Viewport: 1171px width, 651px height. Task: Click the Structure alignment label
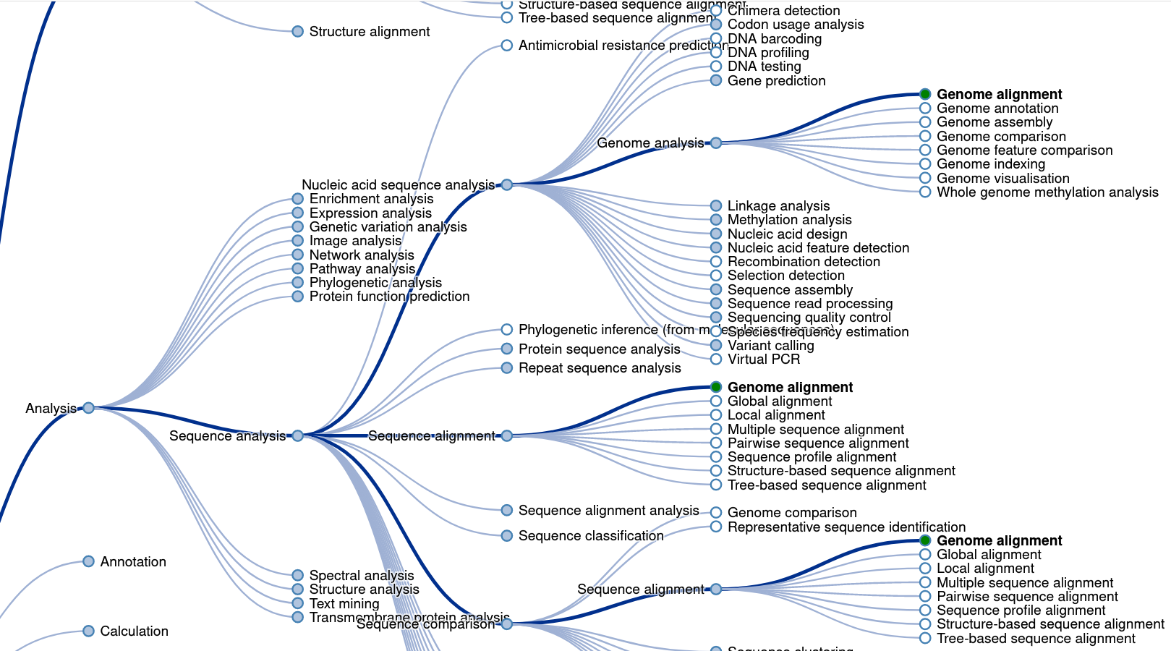tap(369, 32)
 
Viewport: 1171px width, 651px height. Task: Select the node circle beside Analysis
tap(88, 408)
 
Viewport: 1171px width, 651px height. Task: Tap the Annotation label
tap(133, 562)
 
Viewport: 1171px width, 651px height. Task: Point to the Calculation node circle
tap(88, 631)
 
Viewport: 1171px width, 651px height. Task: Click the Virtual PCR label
tap(764, 359)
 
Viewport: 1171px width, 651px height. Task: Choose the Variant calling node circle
tap(716, 346)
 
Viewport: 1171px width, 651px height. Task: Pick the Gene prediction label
tap(776, 81)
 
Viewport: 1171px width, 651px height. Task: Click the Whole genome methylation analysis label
tap(1047, 192)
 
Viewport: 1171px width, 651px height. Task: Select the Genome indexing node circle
tap(925, 164)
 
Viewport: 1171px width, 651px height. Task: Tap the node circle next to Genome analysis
tap(716, 143)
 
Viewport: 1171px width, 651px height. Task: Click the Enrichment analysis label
tap(371, 199)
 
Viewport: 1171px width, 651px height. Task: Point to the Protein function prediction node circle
tap(297, 297)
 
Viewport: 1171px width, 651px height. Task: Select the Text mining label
tap(344, 604)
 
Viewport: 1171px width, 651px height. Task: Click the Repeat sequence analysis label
tap(600, 368)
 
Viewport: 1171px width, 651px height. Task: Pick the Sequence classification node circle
tap(507, 536)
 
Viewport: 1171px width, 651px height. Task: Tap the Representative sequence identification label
tap(846, 527)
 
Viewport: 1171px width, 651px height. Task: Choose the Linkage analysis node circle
tap(716, 206)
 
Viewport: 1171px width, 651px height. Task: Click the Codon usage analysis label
tap(796, 25)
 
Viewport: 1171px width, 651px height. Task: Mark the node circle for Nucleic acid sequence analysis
tap(507, 185)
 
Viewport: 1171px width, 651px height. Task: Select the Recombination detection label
tap(804, 262)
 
